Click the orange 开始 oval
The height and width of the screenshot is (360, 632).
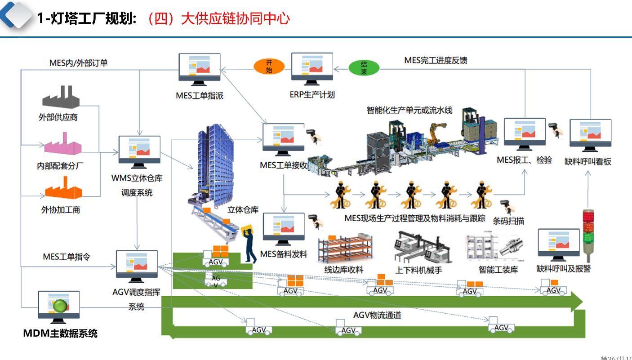(x=269, y=67)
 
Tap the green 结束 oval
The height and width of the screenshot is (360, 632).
(x=364, y=68)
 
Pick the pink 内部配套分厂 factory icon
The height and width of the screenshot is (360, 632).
(x=62, y=145)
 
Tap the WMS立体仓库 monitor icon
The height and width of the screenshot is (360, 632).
(x=139, y=150)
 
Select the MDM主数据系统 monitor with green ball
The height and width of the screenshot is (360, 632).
(x=59, y=306)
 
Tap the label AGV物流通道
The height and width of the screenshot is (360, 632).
(x=377, y=315)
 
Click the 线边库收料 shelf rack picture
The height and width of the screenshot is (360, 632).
(x=345, y=249)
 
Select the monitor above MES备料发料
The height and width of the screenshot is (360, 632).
(x=284, y=227)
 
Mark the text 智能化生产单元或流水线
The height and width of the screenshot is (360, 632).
(x=409, y=110)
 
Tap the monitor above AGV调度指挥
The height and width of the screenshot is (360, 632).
(x=137, y=265)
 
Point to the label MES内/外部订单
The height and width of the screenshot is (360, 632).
(x=79, y=63)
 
